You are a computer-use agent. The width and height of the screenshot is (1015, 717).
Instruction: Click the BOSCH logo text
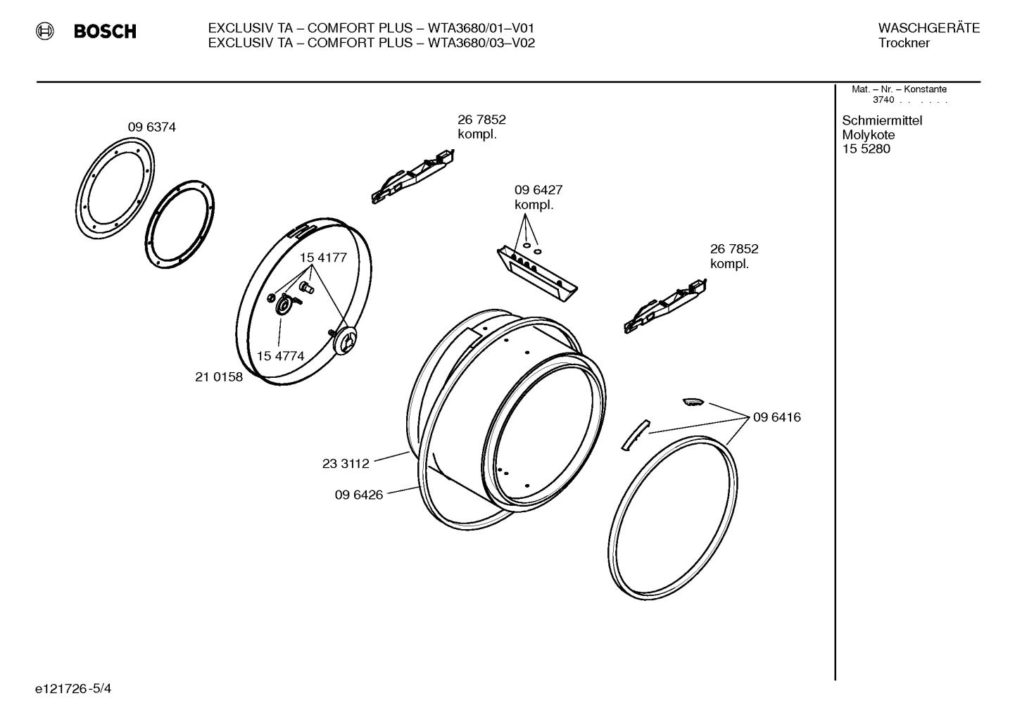105,32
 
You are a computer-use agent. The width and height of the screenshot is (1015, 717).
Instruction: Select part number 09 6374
151,127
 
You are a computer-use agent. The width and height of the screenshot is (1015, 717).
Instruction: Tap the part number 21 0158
218,377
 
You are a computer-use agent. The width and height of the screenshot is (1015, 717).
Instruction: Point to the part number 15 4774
280,356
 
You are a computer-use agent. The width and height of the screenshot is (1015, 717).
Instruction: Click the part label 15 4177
323,258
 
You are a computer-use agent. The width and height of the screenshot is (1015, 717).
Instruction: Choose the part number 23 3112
346,464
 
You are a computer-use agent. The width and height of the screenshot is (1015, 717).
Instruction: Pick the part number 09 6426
358,495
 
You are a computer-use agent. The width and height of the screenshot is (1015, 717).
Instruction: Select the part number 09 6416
776,417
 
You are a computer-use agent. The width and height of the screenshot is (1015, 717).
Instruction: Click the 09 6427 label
538,190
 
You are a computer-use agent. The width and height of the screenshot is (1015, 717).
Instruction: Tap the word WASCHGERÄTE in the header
928,28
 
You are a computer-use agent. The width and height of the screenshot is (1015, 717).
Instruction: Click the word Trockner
904,44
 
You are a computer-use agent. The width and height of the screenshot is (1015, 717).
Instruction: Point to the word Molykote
869,135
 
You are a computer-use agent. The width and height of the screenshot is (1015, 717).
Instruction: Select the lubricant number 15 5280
866,149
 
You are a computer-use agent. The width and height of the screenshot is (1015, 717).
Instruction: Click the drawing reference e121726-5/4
73,688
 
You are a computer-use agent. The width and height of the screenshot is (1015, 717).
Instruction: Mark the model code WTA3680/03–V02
481,43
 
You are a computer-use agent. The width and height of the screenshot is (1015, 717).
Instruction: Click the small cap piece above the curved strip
693,401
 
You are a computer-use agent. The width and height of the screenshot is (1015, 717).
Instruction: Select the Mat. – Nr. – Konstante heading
899,89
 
